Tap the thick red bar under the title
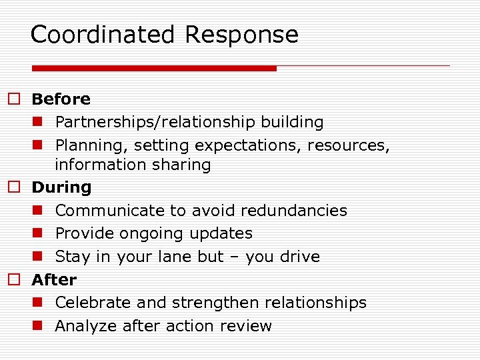click(x=154, y=68)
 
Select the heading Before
click(x=61, y=99)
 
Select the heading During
click(x=61, y=187)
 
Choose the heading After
click(x=54, y=279)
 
